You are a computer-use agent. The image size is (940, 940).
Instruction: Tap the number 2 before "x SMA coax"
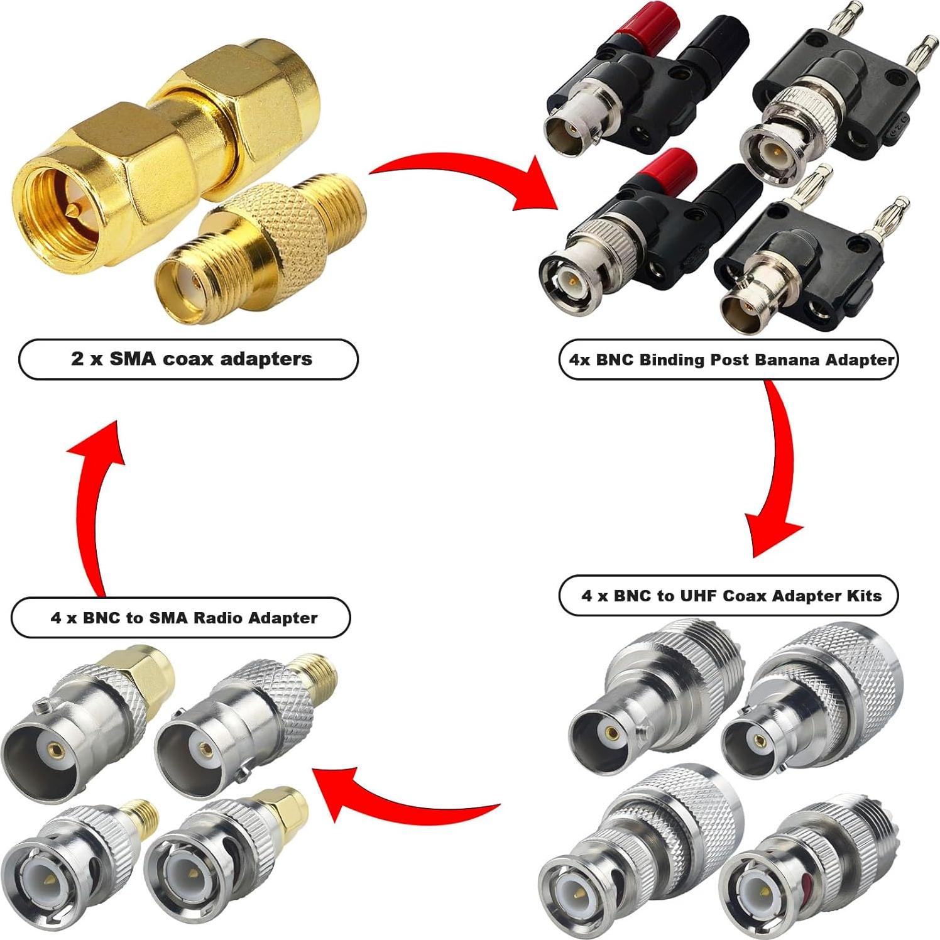click(77, 359)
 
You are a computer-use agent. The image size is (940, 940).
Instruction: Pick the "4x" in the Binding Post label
click(579, 360)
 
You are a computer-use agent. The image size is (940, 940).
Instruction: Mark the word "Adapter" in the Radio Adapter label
click(283, 618)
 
